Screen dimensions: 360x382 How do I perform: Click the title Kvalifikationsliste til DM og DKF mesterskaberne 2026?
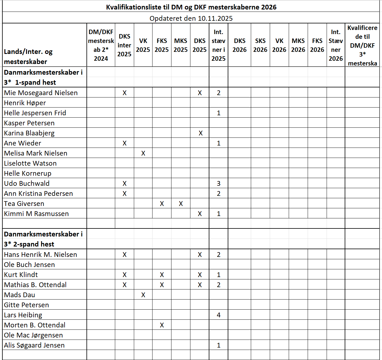[x=191, y=7]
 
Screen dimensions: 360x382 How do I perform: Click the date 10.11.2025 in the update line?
[x=215, y=18]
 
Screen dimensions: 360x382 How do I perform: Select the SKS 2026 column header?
[x=260, y=45]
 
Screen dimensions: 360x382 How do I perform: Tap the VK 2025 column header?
[x=143, y=45]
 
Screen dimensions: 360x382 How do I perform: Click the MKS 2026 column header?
[x=298, y=45]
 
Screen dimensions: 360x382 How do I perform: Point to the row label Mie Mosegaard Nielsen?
[x=41, y=93]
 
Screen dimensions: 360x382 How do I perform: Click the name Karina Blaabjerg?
[x=29, y=133]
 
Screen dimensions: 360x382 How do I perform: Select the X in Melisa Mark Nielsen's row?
[x=143, y=153]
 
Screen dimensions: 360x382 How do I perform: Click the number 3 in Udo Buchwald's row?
[x=219, y=183]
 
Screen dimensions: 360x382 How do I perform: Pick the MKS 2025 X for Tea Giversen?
[x=181, y=204]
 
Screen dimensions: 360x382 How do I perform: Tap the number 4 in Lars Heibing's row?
[x=219, y=315]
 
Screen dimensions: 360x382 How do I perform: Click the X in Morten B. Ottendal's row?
[x=162, y=325]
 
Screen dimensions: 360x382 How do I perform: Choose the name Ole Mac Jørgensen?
[x=33, y=335]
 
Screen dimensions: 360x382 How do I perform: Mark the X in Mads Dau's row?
[x=143, y=295]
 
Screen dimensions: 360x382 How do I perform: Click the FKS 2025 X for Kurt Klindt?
[x=162, y=275]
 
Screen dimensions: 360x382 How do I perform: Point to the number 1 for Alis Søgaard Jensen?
[x=219, y=345]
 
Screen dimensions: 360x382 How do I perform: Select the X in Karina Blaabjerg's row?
[x=200, y=133]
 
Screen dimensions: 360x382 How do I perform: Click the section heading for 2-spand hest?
[x=43, y=239]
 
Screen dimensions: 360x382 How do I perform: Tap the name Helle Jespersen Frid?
[x=35, y=113]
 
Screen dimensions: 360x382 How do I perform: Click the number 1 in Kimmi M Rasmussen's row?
[x=219, y=214]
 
